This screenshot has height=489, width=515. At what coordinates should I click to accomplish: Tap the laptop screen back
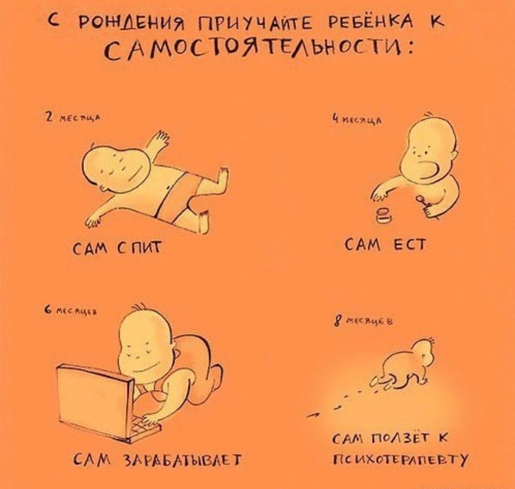pyautogui.click(x=93, y=398)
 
